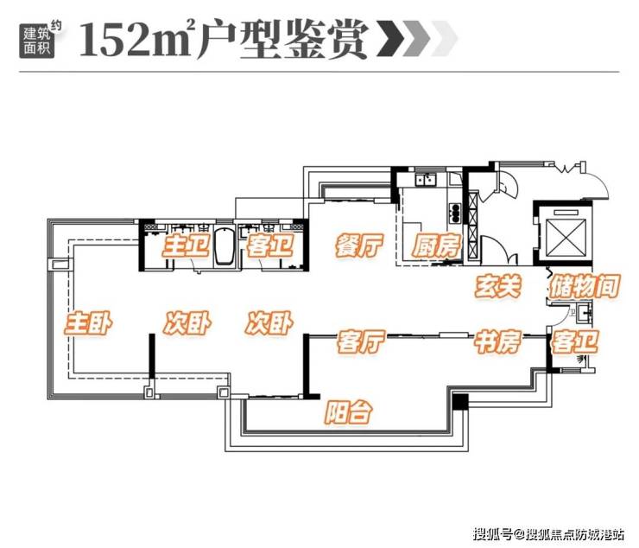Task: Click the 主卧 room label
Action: coord(88,323)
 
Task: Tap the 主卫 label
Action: coord(187,245)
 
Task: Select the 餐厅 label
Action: coord(359,245)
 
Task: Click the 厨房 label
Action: coord(436,245)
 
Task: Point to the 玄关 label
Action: coord(498,286)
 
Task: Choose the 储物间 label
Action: coord(585,286)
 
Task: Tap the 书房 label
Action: coord(497,341)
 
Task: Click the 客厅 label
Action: coord(361,341)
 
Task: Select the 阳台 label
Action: coord(349,411)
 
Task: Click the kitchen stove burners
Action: coord(454,213)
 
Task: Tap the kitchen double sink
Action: coord(426,180)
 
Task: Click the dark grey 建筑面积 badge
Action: coord(36,40)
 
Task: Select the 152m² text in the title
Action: coord(135,40)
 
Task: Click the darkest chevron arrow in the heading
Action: coord(391,39)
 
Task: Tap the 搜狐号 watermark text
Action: coord(492,533)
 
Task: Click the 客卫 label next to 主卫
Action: coord(269,245)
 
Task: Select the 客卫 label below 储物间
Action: coord(574,341)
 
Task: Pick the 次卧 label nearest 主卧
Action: coord(187,323)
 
